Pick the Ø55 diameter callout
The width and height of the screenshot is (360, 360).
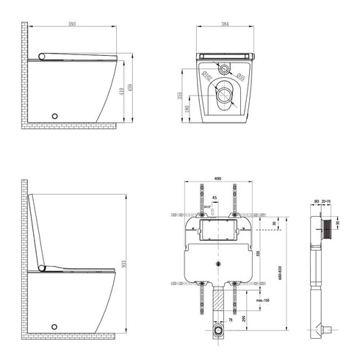(x=240, y=76)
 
